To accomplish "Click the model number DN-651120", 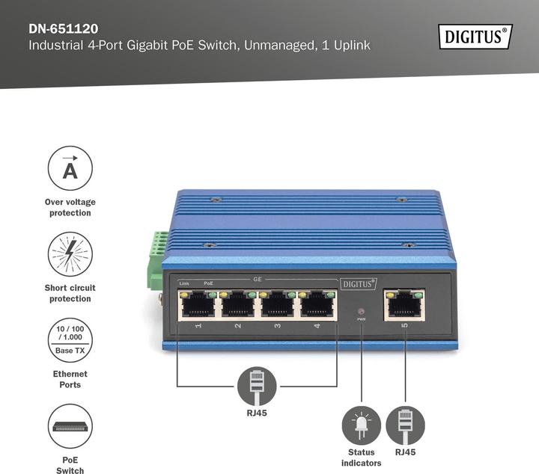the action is click(64, 29).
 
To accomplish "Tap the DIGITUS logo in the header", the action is click(475, 36).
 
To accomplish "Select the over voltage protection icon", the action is click(70, 168).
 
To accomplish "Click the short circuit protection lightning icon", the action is click(70, 254).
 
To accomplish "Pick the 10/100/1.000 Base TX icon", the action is click(70, 340).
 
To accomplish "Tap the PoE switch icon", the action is click(70, 426).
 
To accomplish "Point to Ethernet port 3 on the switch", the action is click(278, 305).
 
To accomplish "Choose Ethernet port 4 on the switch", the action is click(317, 305).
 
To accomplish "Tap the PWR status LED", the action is click(362, 311).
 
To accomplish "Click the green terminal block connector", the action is click(158, 258).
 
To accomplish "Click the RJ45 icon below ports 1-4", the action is click(257, 386).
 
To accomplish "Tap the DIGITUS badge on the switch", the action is click(359, 283).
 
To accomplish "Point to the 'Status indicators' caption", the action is click(362, 458).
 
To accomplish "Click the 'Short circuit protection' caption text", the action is click(70, 293).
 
